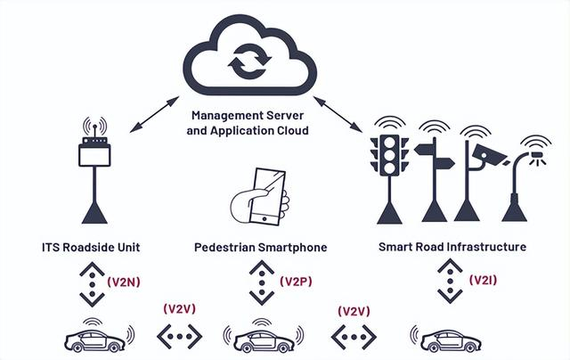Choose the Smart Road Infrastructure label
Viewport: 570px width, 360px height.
click(452, 246)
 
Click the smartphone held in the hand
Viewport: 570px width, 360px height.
click(265, 191)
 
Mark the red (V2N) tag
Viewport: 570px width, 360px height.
click(121, 281)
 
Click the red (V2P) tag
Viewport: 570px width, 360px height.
click(295, 282)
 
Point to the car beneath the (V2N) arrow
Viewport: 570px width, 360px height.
click(95, 340)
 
